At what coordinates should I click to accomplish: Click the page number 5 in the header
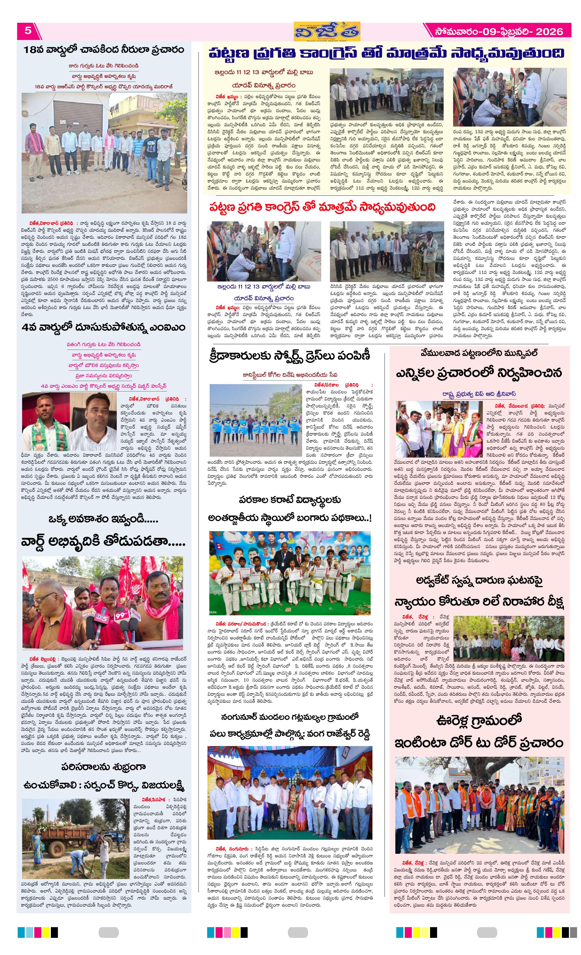click(x=28, y=31)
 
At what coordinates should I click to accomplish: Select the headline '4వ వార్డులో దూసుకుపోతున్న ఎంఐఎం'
click(x=103, y=328)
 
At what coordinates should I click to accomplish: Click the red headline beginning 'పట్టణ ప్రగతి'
click(x=322, y=207)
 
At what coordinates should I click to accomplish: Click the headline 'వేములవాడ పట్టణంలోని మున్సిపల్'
click(x=479, y=353)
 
